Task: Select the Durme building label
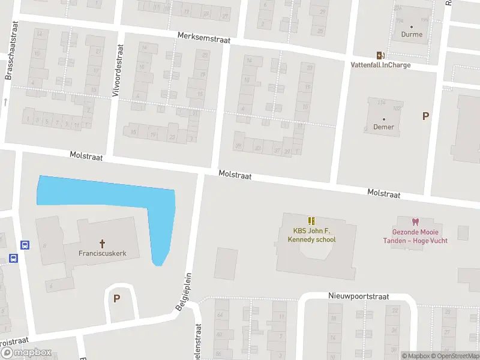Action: (x=412, y=35)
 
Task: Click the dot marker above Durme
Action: (x=412, y=26)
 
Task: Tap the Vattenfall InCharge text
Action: (x=381, y=65)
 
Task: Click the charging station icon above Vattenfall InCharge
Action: (x=380, y=55)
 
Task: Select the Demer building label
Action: (x=383, y=127)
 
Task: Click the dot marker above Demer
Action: (x=383, y=119)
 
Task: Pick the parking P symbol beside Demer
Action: (x=426, y=116)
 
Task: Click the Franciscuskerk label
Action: (x=102, y=253)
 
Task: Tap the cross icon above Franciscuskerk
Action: (x=102, y=243)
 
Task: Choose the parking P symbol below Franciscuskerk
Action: (x=117, y=298)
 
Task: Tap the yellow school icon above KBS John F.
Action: (x=311, y=221)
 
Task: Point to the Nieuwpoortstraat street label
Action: (x=359, y=296)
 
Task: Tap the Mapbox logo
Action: (x=26, y=353)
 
